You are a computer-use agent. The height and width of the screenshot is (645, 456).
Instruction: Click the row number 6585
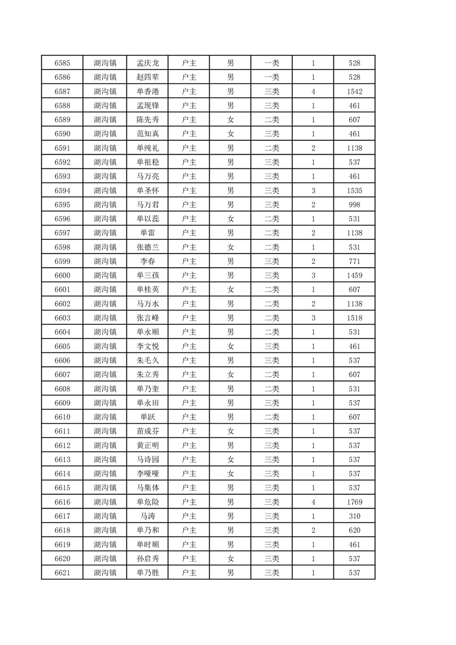tap(62, 63)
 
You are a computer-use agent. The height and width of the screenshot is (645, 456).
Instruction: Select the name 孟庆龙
tap(147, 63)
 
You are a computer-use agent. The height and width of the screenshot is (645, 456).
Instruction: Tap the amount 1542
tap(354, 91)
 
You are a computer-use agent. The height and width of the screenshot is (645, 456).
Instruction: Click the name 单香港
tap(147, 91)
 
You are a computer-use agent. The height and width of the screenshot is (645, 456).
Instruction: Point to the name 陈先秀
tap(147, 120)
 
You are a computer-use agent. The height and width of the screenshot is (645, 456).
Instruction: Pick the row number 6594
tap(62, 190)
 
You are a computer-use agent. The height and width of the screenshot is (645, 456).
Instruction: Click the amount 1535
tap(354, 190)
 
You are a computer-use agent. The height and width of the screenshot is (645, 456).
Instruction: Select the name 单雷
tap(147, 233)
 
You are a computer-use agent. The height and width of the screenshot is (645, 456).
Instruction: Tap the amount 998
tap(354, 205)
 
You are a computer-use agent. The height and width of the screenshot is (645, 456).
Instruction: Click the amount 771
tap(354, 261)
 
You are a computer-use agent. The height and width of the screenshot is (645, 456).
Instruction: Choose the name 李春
tap(147, 261)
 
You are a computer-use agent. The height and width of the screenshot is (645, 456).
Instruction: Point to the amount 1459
tap(354, 275)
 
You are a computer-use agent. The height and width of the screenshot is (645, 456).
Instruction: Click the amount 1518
tap(354, 318)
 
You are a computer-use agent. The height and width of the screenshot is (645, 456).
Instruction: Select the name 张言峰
tap(147, 318)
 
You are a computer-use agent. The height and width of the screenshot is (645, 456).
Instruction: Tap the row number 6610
tap(62, 417)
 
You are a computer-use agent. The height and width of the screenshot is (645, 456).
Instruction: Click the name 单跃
tap(147, 417)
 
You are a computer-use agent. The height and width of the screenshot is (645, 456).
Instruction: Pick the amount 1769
tap(354, 502)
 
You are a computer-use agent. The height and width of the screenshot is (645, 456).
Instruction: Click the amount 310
tap(354, 516)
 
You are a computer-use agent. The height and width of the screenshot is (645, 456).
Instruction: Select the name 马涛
tap(147, 516)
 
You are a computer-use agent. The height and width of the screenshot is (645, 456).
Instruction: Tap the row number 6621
tap(62, 573)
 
